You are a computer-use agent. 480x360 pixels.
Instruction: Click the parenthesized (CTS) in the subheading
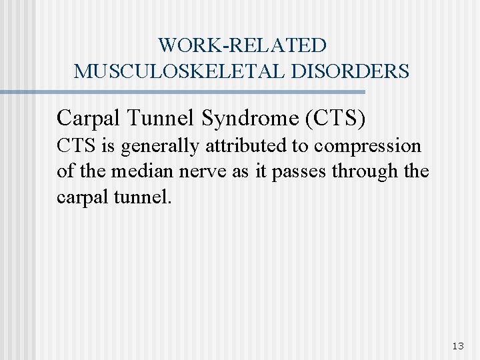click(335, 118)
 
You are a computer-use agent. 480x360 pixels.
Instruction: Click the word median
click(136, 171)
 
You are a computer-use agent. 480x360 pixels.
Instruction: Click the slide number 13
click(457, 345)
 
